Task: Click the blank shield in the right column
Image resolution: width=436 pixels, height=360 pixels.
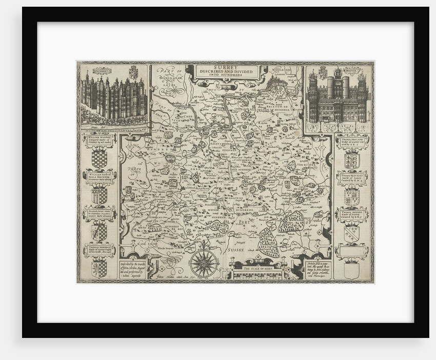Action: click(x=351, y=270)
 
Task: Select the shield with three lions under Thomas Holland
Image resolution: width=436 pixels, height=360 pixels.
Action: click(x=352, y=159)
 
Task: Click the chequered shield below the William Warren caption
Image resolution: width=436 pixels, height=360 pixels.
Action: click(x=99, y=158)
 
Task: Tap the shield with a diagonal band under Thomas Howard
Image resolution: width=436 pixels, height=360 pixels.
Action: click(x=352, y=233)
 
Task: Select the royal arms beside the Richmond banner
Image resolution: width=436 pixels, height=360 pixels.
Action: click(x=133, y=72)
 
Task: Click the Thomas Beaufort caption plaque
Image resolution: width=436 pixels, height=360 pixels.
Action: click(x=352, y=178)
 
